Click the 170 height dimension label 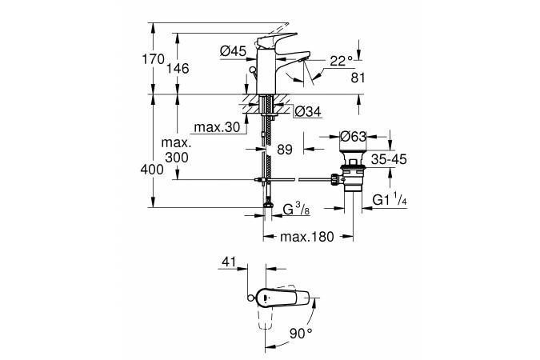pos(154,59)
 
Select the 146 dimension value pos(178,68)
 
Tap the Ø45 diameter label pos(233,51)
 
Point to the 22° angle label pos(342,61)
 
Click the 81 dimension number pos(358,78)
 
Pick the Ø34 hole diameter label pos(308,111)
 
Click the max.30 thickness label pos(217,127)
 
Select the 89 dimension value pos(285,150)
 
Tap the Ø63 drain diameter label pos(354,137)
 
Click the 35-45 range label pos(389,159)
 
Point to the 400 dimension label pos(152,169)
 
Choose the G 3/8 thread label pos(296,210)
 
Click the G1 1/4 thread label pos(390,199)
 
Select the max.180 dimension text pos(307,237)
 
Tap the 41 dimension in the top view pos(230,262)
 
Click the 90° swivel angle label pos(301,333)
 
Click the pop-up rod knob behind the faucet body pos(253,70)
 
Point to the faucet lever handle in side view pos(275,40)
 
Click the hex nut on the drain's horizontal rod pos(334,179)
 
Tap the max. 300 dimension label pos(176,150)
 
